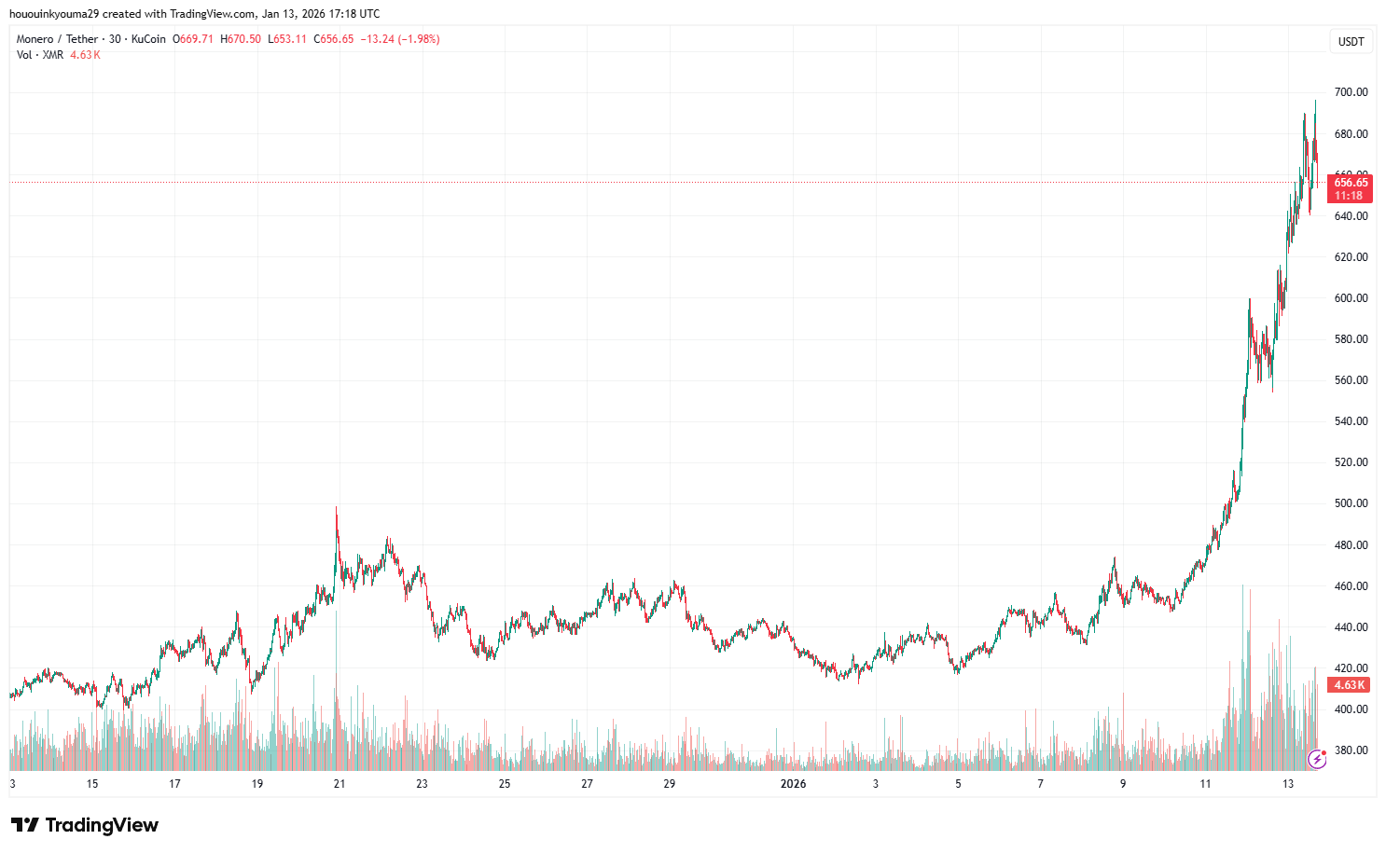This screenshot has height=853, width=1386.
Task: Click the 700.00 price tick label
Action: point(1351,92)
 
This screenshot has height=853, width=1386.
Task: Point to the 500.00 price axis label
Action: point(1351,503)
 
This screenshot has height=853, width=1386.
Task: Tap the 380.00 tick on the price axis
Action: point(1351,750)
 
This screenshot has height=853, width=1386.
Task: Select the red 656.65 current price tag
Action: point(1350,183)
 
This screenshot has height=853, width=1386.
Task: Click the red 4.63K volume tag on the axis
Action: point(1349,685)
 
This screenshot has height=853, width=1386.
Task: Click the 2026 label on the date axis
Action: point(793,784)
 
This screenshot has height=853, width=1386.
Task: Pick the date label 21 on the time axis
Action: point(340,784)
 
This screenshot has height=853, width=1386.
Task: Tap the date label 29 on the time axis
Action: point(670,784)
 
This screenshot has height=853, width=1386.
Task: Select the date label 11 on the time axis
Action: point(1205,784)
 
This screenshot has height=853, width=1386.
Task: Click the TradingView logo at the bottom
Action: point(85,825)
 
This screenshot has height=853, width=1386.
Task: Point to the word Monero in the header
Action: point(35,39)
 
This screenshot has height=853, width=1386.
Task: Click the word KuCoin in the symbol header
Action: point(148,39)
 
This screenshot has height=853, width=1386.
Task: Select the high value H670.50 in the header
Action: point(241,39)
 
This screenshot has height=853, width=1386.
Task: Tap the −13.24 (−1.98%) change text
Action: point(400,39)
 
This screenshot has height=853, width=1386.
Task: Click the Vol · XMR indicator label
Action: point(40,55)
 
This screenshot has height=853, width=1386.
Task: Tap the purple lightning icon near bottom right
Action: point(1317,759)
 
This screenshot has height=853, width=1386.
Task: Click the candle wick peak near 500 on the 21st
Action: point(336,508)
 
